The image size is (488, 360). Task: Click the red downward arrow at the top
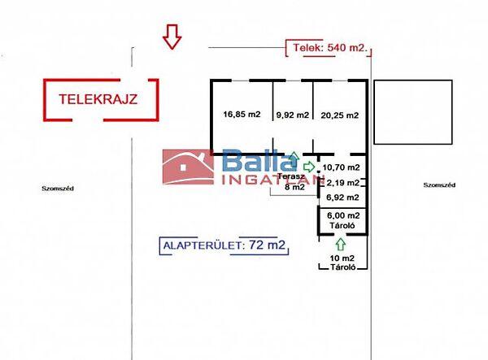(x=172, y=37)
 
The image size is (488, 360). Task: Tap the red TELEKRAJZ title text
(x=98, y=99)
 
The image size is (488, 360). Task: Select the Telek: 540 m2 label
(x=330, y=48)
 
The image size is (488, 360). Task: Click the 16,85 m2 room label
(x=242, y=114)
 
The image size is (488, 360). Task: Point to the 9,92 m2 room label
(x=293, y=115)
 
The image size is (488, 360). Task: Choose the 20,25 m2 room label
(x=339, y=115)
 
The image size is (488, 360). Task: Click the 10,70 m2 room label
(x=341, y=167)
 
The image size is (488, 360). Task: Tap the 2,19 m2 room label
(x=343, y=183)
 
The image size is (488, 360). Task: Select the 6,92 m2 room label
(x=342, y=197)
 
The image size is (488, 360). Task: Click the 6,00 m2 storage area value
(x=343, y=215)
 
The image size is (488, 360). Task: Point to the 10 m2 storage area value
(x=342, y=258)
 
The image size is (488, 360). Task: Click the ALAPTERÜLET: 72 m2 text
(x=224, y=245)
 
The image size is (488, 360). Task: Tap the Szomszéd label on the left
(x=58, y=189)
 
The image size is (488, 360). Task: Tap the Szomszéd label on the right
(x=439, y=185)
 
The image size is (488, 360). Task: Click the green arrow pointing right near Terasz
(x=309, y=167)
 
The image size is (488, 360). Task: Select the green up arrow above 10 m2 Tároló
(x=341, y=244)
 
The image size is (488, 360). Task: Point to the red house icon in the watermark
(x=189, y=167)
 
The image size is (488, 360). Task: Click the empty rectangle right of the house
(x=413, y=112)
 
